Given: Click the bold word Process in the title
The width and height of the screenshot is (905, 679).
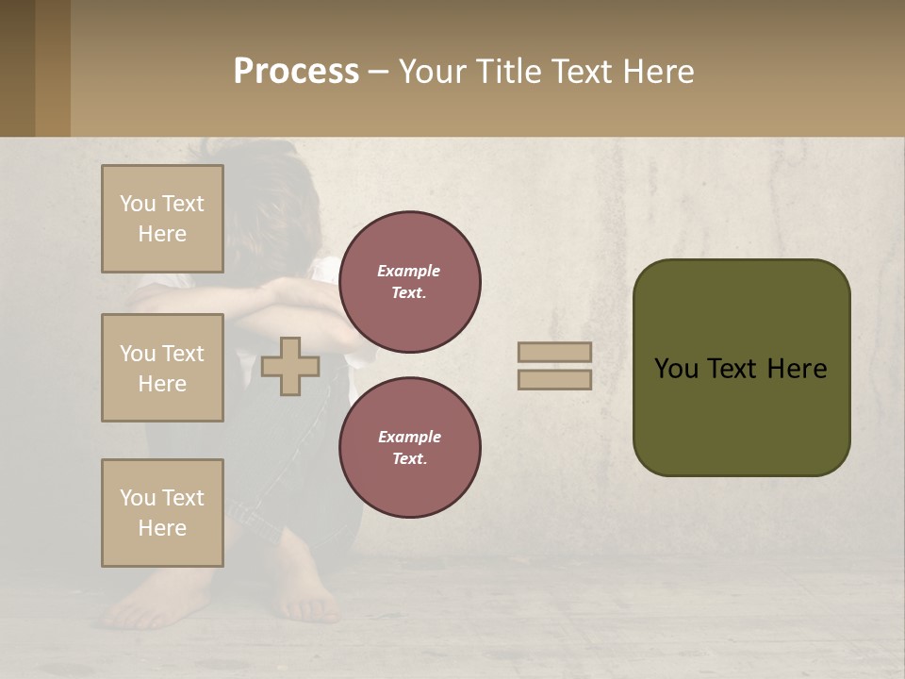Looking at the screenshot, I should (x=296, y=72).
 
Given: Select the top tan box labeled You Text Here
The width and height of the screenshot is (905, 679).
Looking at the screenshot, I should (x=162, y=219).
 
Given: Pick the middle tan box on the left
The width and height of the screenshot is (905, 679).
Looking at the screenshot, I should (x=162, y=368).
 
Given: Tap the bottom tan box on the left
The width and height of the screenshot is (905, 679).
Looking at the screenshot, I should (x=162, y=513).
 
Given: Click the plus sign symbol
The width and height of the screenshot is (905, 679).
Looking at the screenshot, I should (x=290, y=367).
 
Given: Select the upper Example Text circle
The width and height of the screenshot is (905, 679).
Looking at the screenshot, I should (x=409, y=282).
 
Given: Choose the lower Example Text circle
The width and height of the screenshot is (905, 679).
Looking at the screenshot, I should (x=409, y=448).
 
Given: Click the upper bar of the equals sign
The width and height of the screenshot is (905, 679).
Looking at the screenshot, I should (x=554, y=353).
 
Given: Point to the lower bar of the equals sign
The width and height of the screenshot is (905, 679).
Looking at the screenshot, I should (x=554, y=380).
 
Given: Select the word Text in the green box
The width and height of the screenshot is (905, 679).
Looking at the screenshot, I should (x=741, y=369).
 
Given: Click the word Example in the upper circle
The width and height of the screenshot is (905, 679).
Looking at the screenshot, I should (x=409, y=272).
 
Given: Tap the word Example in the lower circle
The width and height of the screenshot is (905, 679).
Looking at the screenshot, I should (x=409, y=438).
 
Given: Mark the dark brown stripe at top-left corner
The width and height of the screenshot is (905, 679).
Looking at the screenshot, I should (x=17, y=68).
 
